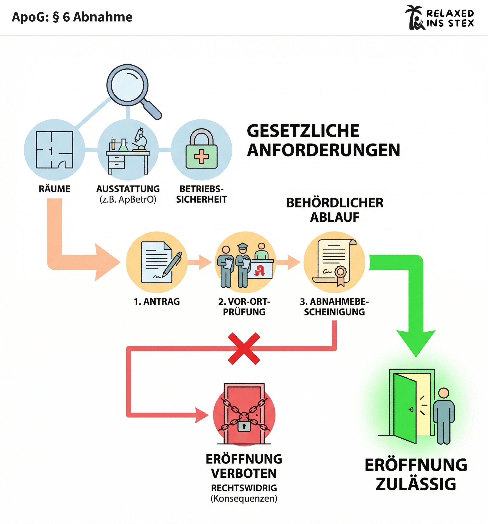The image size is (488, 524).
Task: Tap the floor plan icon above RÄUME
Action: pyautogui.click(x=55, y=150)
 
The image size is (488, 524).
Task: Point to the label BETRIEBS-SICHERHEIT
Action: pyautogui.click(x=201, y=194)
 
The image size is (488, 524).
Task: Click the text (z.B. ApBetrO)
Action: pyautogui.click(x=128, y=199)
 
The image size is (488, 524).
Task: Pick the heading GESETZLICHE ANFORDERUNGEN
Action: pyautogui.click(x=323, y=140)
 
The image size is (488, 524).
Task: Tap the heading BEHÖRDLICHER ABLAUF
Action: pyautogui.click(x=335, y=210)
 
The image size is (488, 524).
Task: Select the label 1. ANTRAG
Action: pyautogui.click(x=157, y=302)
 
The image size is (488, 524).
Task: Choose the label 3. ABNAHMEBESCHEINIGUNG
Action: pyautogui.click(x=334, y=307)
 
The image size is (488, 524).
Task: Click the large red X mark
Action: pyautogui.click(x=244, y=349)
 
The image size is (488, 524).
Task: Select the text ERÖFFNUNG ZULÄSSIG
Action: pyautogui.click(x=416, y=474)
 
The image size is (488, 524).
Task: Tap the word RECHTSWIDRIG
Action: pyautogui.click(x=244, y=488)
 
